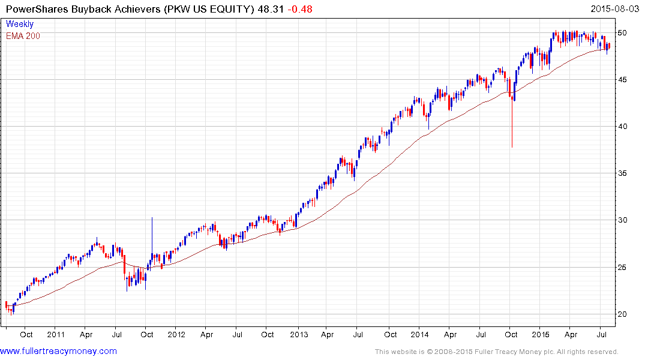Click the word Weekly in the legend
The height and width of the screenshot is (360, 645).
pos(20,24)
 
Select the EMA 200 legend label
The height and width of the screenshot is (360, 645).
pos(23,36)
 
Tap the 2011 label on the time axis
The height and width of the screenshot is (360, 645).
pos(56,335)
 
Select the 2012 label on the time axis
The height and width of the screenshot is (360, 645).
pos(176,335)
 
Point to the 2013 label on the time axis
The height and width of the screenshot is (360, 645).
pos(298,335)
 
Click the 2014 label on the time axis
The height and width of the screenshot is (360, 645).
pos(419,335)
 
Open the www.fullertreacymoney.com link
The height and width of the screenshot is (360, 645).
pos(59,351)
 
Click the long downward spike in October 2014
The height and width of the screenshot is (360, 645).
pos(512,126)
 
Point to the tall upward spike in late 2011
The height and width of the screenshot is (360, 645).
pos(152,234)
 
